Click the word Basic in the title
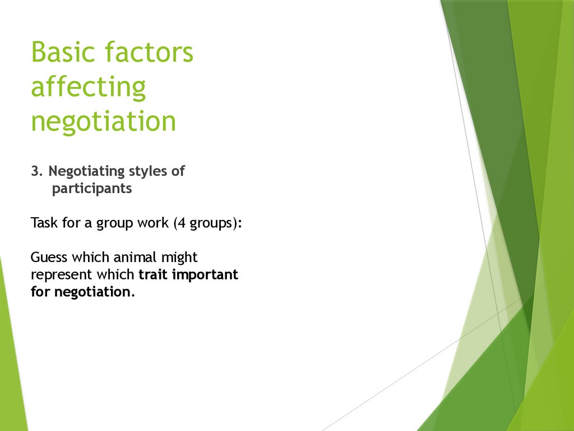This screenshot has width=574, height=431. coord(63,52)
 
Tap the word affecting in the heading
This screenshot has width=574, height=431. coord(89,87)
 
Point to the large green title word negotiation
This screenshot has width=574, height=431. coord(104,121)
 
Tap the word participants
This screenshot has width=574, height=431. coord(92,189)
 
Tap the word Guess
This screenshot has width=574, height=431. coord(49,258)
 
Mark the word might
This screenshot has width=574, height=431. coord(179,258)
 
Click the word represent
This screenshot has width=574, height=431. coord(61,276)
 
